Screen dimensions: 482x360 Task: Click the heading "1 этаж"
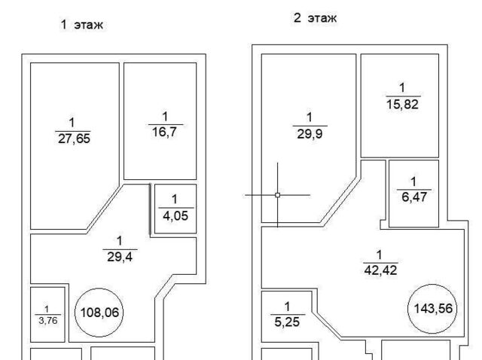[81, 25]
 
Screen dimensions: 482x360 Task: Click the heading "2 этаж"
[315, 18]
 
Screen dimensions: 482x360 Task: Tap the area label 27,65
[74, 139]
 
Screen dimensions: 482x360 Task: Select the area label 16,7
[164, 133]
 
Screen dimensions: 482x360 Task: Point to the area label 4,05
[175, 216]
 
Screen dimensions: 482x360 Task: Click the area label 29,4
[120, 257]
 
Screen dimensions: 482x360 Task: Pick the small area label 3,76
[48, 321]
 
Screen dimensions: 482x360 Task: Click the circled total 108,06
[99, 313]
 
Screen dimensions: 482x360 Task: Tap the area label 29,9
[310, 134]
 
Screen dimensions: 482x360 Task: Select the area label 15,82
[402, 105]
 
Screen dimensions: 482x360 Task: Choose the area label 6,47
[414, 197]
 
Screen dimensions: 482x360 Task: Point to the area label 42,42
[380, 270]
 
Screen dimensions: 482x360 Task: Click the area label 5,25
[287, 322]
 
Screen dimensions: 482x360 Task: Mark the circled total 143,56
[433, 308]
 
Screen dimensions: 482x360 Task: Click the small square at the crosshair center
[278, 195]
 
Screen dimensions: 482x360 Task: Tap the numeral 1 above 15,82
[402, 88]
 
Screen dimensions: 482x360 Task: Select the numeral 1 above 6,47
[413, 182]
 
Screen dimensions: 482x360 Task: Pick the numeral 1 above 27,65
[72, 123]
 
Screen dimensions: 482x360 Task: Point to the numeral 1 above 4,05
[175, 200]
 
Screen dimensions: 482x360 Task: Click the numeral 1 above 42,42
[379, 255]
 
